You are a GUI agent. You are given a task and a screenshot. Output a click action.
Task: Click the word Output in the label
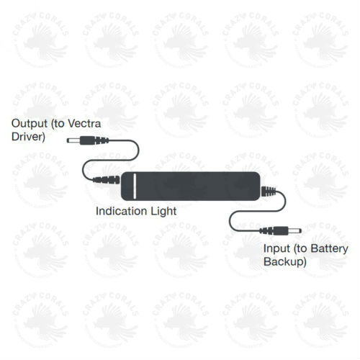[30, 124]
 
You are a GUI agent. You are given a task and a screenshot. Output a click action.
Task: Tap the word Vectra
[84, 124]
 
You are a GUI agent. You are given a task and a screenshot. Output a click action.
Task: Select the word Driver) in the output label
[28, 137]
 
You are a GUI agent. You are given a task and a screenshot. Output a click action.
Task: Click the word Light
[163, 211]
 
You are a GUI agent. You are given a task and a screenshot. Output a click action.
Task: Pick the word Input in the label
[276, 248]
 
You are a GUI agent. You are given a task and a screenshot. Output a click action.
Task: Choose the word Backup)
[285, 261]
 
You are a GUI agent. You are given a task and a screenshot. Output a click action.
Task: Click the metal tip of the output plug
[73, 140]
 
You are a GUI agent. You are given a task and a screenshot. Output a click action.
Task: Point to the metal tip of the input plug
[294, 231]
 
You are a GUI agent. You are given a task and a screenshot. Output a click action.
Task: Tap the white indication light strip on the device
[135, 186]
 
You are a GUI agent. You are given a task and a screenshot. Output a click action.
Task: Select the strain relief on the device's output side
[107, 179]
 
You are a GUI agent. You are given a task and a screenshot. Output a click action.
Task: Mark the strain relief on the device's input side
[269, 192]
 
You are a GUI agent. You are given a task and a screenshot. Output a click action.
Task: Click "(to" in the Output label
[58, 124]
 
